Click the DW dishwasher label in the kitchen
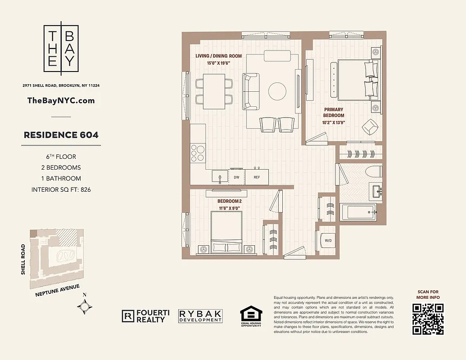point(236,177)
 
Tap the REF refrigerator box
point(257,177)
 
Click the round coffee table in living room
point(277,91)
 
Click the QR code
point(428,319)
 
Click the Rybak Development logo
point(200,316)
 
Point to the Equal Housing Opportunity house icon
point(250,315)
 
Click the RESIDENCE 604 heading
point(61,135)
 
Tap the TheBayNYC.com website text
point(61,100)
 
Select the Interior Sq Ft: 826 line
point(61,189)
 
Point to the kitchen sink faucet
point(220,177)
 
